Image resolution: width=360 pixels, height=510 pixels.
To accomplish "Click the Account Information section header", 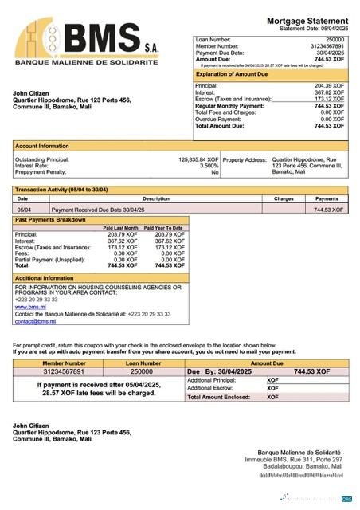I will [x=42, y=147].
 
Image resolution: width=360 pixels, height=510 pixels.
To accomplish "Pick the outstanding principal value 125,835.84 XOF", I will [x=198, y=159].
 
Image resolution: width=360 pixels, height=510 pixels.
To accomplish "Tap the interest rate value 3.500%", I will [x=209, y=166].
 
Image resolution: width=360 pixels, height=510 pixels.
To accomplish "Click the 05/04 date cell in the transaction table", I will [x=24, y=209].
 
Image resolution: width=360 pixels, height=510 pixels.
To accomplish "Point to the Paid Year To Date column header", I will [x=166, y=228].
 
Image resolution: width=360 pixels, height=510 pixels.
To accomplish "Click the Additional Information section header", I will [x=45, y=278].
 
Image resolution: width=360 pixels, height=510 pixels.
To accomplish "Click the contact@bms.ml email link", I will [x=35, y=321].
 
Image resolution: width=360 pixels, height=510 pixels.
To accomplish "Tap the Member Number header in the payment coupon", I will [x=64, y=363].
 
